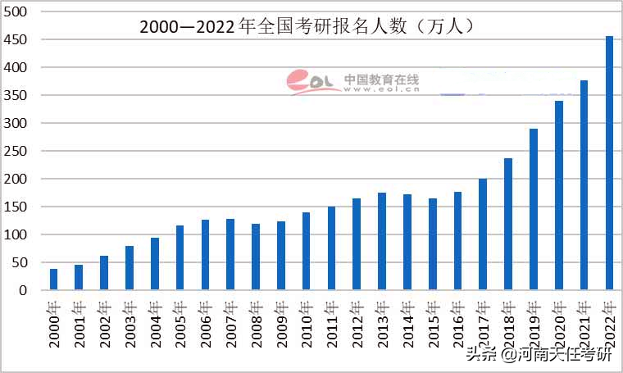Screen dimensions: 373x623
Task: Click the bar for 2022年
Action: (x=609, y=163)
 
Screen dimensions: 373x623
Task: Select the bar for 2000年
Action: (x=54, y=280)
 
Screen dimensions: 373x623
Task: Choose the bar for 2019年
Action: (x=534, y=209)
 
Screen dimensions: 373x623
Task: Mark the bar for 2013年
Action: (x=382, y=241)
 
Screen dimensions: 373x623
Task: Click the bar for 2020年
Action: (x=559, y=195)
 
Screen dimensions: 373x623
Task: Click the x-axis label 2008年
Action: (x=255, y=324)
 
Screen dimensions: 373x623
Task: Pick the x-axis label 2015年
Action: (x=432, y=324)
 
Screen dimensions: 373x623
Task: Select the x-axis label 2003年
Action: (x=129, y=324)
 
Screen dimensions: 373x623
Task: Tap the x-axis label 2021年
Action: (x=584, y=324)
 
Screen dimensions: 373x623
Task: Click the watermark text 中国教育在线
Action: (x=381, y=80)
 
